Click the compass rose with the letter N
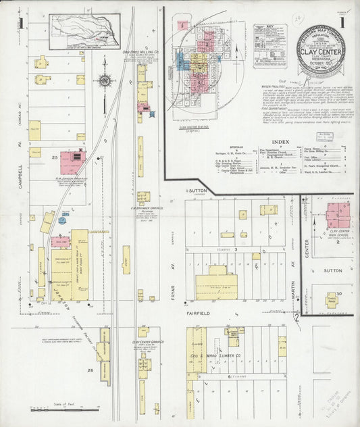coord(104,82)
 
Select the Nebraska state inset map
coord(85,31)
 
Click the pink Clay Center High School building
coord(338,214)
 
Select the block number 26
coord(90,370)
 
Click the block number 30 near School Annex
coord(340,293)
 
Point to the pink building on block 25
coord(72,162)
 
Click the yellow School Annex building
coord(332,299)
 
